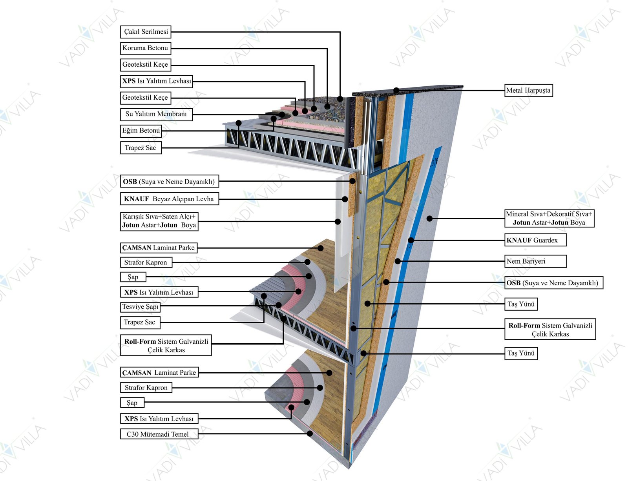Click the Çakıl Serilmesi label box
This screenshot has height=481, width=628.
coord(146,31)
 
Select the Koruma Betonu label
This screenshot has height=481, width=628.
coord(145,48)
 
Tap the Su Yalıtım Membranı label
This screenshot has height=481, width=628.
coord(156,114)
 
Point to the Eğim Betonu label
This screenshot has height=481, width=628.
coord(141,131)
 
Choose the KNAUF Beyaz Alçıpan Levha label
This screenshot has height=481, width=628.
coord(169,199)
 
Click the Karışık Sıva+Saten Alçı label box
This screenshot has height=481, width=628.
coord(159,221)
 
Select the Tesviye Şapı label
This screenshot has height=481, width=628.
coord(140,307)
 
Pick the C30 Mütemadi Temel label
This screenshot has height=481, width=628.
coord(159,434)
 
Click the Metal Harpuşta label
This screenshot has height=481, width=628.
coord(528,90)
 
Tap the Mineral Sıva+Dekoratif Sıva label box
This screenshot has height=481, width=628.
coord(549,218)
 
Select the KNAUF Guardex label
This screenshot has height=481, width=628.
coord(535,240)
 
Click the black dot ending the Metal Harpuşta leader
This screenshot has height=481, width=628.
coord(396,90)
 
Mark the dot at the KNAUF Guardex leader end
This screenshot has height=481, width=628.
coord(411,240)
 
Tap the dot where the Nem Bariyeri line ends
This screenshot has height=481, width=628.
coord(398,261)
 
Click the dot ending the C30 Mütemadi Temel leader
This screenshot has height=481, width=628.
coord(310,434)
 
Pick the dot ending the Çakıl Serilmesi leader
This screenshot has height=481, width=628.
coord(340,99)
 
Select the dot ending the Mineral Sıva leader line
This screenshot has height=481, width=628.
coord(430,219)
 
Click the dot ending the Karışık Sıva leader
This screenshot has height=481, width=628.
coord(338,222)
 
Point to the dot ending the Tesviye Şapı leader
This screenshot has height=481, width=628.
coord(279,305)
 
